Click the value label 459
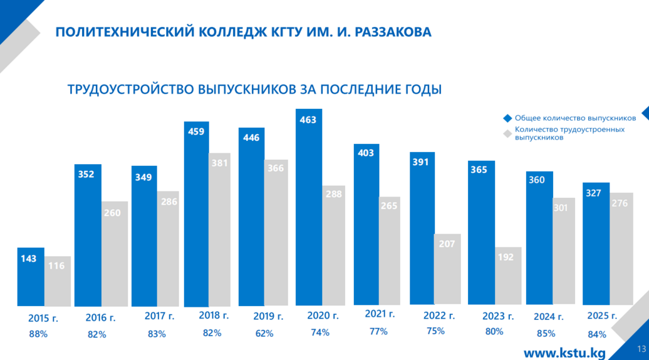point(196,131)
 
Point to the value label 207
point(447,244)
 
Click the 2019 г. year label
point(268,317)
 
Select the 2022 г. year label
point(439,316)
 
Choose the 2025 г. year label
point(601,316)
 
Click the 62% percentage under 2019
point(264,334)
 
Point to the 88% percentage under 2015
point(38,334)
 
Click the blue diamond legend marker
point(507,118)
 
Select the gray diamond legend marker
point(507,133)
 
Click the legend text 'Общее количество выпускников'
point(575,118)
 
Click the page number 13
point(641,349)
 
